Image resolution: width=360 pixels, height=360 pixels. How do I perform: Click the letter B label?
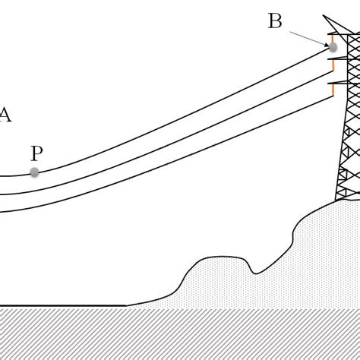click(275, 21)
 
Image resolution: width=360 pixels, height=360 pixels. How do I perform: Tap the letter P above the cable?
click(36, 153)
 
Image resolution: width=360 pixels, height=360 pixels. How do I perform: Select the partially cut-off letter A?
click(5, 115)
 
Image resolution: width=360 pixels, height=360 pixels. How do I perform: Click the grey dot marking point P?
click(34, 172)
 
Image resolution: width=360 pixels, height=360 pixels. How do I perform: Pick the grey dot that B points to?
click(333, 47)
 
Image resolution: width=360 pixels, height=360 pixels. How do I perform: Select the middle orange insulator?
click(332, 66)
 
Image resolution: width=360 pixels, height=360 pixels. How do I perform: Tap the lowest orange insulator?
click(332, 90)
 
